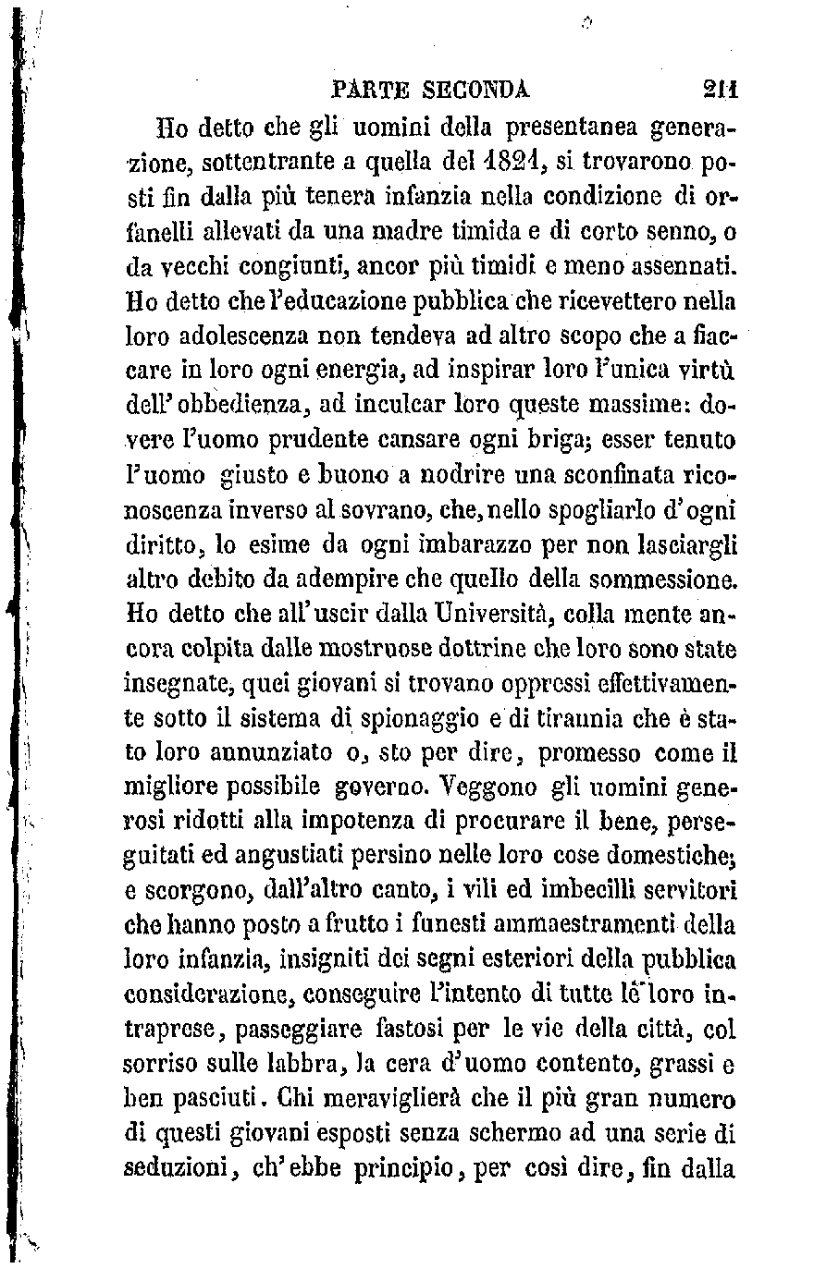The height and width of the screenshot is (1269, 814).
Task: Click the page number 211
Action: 716,90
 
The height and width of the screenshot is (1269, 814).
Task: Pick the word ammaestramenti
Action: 510,921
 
